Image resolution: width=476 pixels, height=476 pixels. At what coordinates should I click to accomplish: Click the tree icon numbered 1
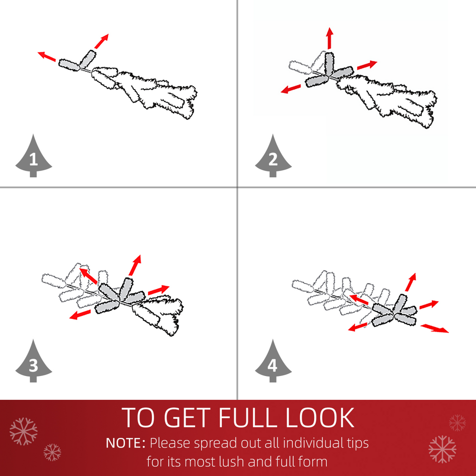tap(33, 156)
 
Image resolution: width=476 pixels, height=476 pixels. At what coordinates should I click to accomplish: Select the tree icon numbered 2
tap(273, 156)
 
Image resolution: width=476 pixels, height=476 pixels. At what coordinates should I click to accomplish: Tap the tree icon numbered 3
tap(33, 362)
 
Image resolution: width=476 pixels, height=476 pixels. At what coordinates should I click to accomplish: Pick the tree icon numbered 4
tap(273, 362)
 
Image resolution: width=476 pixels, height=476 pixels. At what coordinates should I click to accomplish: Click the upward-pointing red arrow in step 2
tap(330, 38)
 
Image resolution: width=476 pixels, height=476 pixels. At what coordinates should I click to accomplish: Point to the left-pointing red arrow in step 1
tap(47, 56)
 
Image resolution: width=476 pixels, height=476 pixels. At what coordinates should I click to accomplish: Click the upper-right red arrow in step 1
tap(101, 41)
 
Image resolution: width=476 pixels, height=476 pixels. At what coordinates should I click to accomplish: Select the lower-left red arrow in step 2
tap(291, 89)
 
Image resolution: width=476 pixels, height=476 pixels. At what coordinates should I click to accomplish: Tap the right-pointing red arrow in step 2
tap(367, 65)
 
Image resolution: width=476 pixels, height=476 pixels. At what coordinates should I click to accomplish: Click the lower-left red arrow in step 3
tap(80, 315)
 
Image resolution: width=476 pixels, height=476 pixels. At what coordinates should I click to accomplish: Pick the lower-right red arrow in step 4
tap(435, 328)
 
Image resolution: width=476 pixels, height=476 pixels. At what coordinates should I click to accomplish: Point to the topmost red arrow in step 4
tap(410, 282)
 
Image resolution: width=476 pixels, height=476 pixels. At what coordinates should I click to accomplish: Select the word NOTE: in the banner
tap(126, 443)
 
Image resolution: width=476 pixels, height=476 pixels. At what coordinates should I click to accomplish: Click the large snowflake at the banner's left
tap(23, 431)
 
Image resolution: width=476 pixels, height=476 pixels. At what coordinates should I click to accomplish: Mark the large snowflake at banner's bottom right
tap(442, 450)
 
